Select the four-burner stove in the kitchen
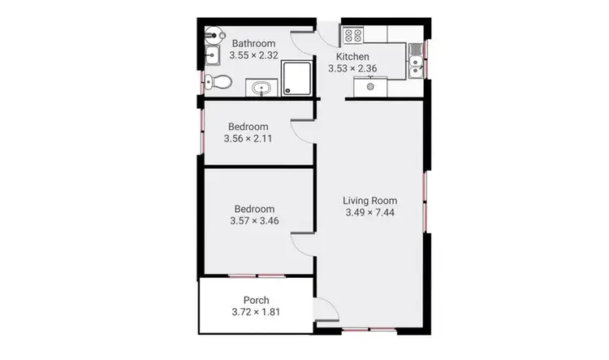point(354,35)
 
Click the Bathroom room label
point(253,44)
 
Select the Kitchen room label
point(355,57)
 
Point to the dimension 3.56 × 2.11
point(248,139)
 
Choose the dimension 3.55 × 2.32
point(253,56)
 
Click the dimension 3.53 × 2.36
point(355,69)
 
